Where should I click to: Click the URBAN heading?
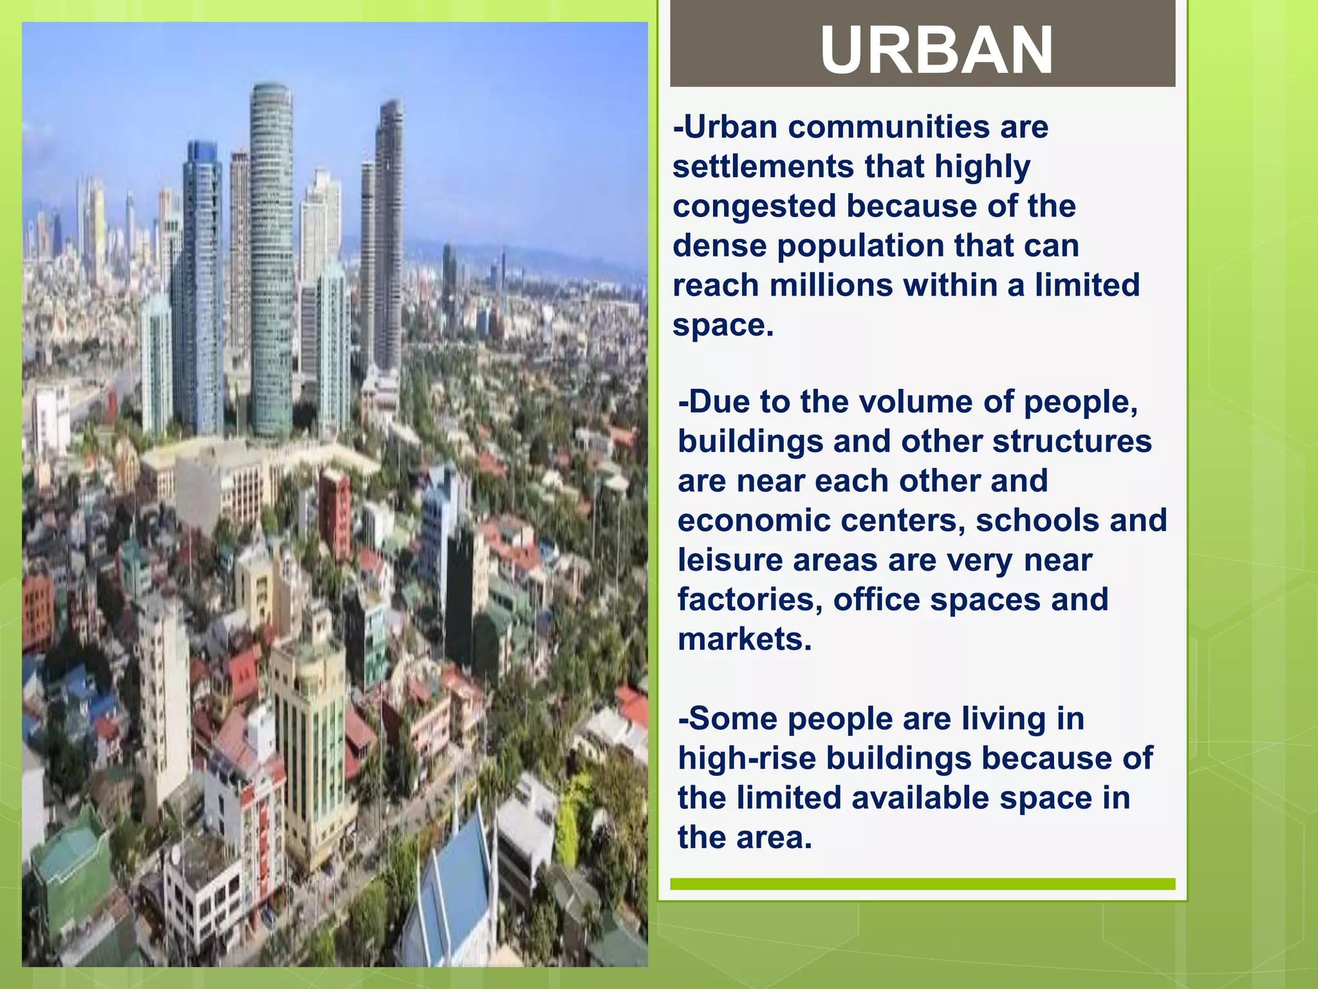(x=936, y=50)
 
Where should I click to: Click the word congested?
(x=754, y=206)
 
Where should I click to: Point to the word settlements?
(x=763, y=167)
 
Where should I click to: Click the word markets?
(x=744, y=639)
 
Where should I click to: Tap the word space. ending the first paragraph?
(x=722, y=325)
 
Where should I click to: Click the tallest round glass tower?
(x=271, y=258)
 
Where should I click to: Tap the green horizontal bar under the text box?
(x=922, y=884)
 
